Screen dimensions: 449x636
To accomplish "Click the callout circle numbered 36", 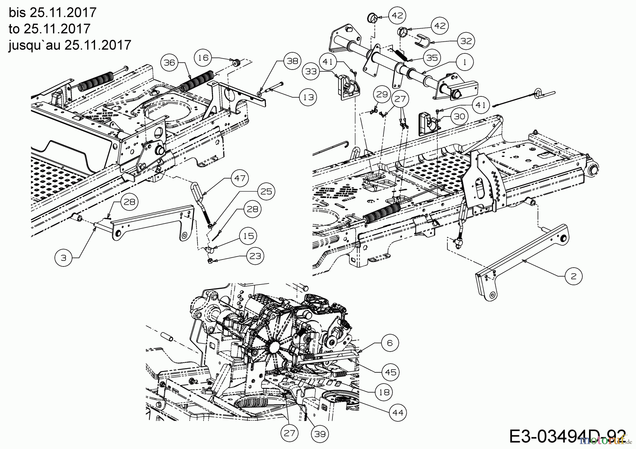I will [x=169, y=62].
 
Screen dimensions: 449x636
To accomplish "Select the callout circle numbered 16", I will [x=204, y=57].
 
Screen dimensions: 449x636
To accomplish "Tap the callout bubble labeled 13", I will [x=308, y=97].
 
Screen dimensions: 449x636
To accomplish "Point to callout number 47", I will [x=240, y=178].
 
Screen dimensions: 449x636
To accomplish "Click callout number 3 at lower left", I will [x=63, y=258].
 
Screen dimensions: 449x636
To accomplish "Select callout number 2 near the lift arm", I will [x=573, y=276].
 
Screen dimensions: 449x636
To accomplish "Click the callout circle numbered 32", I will [x=466, y=41].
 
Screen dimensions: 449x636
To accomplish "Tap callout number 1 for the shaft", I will [x=465, y=62].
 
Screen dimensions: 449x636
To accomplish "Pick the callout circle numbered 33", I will [x=311, y=71].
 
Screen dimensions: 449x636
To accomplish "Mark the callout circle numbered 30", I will [x=459, y=116].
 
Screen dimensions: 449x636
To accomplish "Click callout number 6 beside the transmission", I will [x=390, y=343].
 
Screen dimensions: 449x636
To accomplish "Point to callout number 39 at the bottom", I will [x=320, y=434].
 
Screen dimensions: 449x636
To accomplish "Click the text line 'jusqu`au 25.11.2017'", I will [x=70, y=45].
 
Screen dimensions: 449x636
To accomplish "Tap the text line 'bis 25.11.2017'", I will [x=52, y=13].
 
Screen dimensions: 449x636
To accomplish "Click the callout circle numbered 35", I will [x=432, y=58].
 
